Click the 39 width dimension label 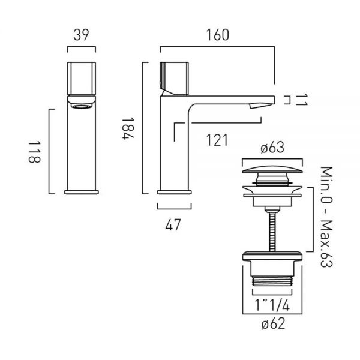tap(81, 35)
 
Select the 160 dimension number tap(218, 35)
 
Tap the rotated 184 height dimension tap(128, 128)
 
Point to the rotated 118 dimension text tap(34, 152)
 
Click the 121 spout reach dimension tap(217, 140)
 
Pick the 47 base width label tap(173, 225)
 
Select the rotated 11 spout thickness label tap(301, 100)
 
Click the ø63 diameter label tap(272, 148)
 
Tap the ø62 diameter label tap(273, 324)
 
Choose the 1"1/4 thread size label tap(272, 305)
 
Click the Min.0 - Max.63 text tap(326, 217)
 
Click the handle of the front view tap tap(82, 78)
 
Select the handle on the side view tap tap(175, 79)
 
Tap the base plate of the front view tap tap(82, 192)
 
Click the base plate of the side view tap tap(174, 192)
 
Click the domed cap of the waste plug tap(272, 169)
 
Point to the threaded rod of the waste tap(272, 232)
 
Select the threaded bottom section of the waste tap(272, 281)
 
